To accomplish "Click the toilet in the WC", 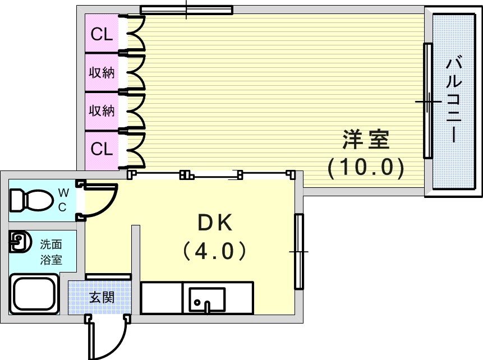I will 31,200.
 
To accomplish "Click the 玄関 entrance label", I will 102,297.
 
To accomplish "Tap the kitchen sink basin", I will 207,299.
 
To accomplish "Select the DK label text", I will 215,223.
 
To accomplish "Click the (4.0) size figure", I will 215,251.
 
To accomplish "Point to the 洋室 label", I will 366,140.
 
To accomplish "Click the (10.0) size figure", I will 366,167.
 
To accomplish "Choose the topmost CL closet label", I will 102,35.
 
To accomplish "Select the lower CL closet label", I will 102,149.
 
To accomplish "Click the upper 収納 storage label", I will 102,72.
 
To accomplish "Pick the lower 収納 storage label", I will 102,110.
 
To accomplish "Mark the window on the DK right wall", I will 299,251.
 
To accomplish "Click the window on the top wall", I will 186,10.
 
